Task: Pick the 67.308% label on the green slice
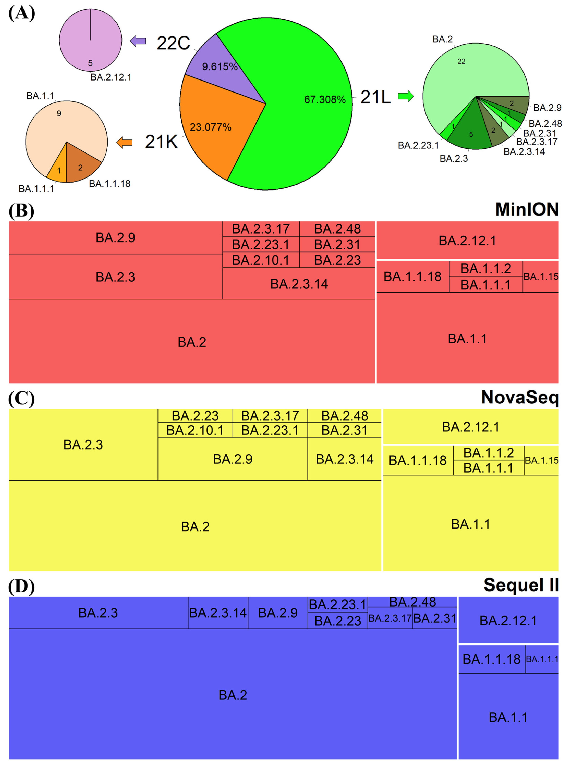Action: click(324, 100)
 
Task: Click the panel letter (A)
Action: click(21, 14)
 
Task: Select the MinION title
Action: click(527, 209)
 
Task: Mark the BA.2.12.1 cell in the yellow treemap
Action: click(470, 427)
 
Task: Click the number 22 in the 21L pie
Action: click(461, 61)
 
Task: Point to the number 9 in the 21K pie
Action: click(59, 113)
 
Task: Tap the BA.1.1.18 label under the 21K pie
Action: click(110, 184)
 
